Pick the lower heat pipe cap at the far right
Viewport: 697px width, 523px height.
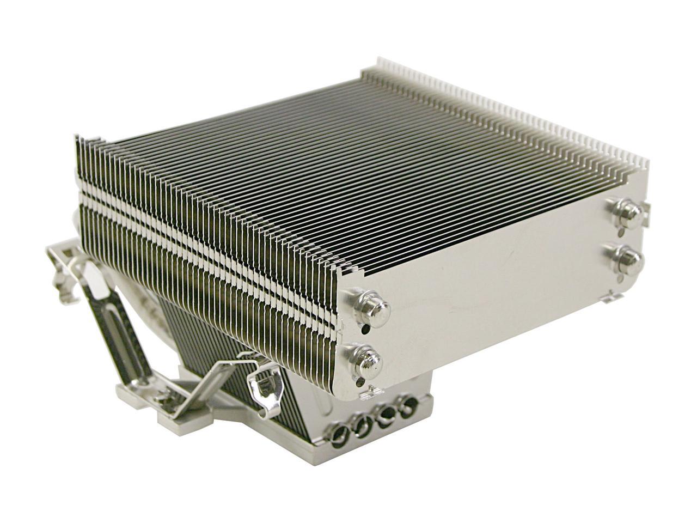pos(620,254)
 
